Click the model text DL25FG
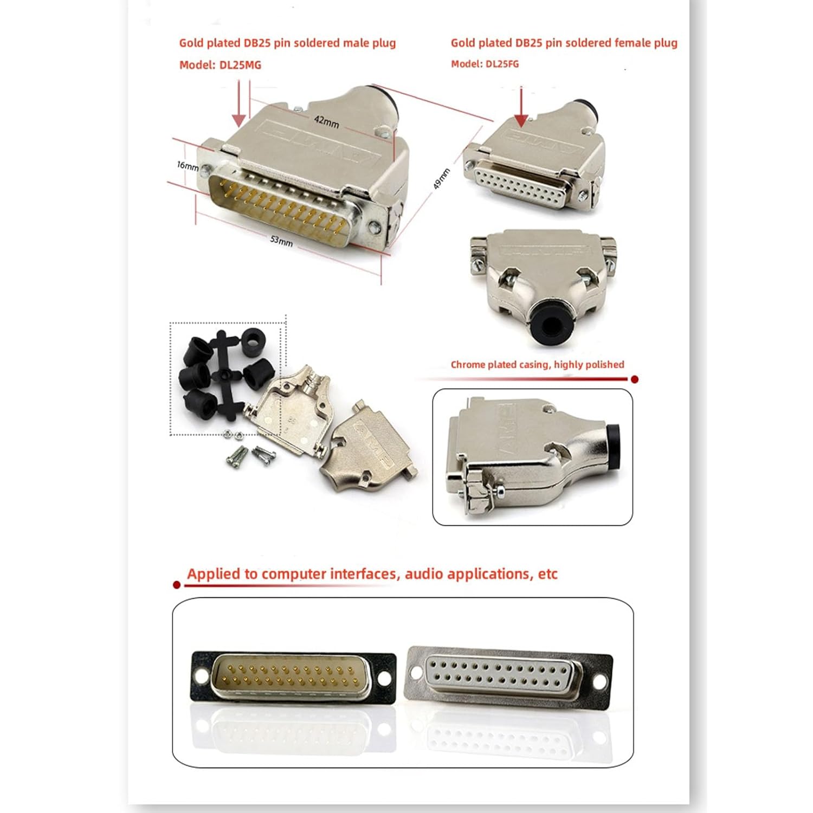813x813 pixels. coord(502,64)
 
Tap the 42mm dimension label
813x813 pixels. coord(326,121)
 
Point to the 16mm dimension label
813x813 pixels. coord(188,165)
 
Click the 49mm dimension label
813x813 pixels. coord(442,179)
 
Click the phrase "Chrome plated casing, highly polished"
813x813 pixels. coord(537,365)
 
